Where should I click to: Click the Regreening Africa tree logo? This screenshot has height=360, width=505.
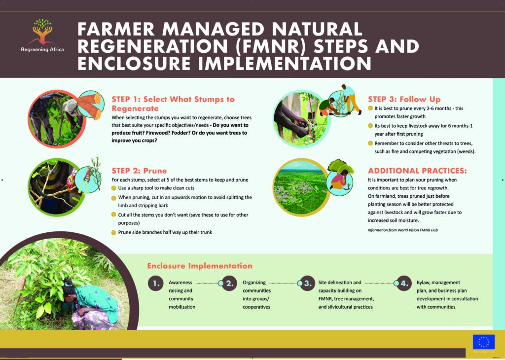[42, 32]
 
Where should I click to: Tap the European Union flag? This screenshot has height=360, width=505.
[483, 342]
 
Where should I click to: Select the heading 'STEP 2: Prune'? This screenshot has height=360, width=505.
[139, 170]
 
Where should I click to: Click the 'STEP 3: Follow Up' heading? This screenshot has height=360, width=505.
[404, 99]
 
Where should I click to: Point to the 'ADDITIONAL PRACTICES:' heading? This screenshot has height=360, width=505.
[417, 170]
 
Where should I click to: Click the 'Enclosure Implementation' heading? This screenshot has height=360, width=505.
[200, 266]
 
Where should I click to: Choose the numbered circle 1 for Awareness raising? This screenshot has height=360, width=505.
[156, 284]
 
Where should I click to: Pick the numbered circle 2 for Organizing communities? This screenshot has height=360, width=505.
[229, 284]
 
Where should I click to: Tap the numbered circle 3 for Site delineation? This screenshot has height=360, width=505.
[308, 284]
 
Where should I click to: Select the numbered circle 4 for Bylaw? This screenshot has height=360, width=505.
[404, 284]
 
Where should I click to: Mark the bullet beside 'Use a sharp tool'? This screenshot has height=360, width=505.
[114, 188]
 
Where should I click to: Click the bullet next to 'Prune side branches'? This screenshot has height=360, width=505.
[114, 232]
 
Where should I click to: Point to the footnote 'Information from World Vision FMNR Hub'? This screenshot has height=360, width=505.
[402, 230]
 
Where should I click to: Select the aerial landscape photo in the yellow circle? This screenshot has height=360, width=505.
[301, 187]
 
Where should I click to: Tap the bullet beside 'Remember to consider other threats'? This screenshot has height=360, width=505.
[370, 144]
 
